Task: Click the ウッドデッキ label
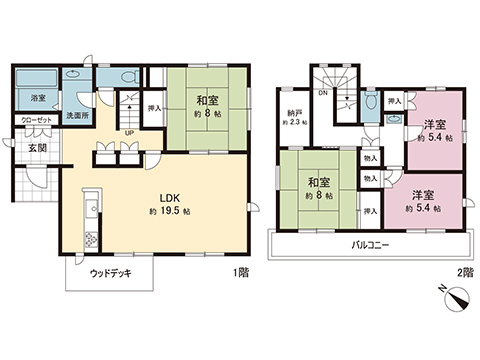point(110,272)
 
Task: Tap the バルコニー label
point(370,244)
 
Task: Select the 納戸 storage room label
point(291,114)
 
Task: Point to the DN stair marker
point(323,93)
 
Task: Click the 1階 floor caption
point(241,272)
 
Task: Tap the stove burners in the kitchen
point(91,239)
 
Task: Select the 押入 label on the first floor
point(153,107)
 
